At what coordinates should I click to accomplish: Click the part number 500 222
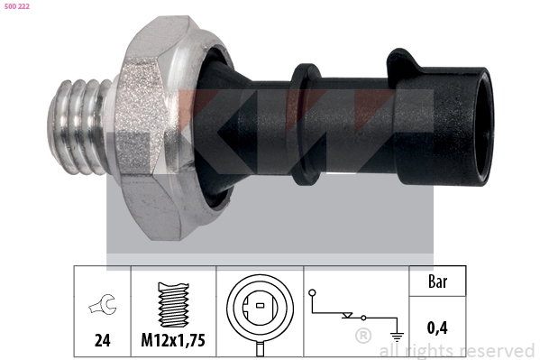point(17,6)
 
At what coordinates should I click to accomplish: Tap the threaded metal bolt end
point(78,127)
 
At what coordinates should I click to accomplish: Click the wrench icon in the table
point(103,304)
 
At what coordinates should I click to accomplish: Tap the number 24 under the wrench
point(102,340)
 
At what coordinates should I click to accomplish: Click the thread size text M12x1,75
point(173,340)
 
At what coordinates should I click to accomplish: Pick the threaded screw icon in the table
point(173,304)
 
